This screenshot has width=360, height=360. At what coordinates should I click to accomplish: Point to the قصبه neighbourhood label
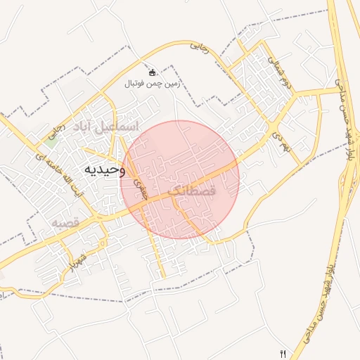click(63, 223)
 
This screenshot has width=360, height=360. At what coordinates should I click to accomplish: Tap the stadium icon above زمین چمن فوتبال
click(152, 72)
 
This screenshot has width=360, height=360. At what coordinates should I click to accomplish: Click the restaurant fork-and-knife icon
click(283, 353)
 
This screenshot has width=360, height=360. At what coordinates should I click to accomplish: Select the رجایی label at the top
click(200, 49)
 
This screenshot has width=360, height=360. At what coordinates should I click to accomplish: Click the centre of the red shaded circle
click(180, 180)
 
